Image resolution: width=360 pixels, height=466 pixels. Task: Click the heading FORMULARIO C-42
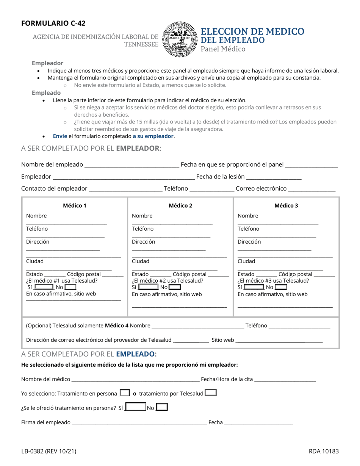[x=53, y=23]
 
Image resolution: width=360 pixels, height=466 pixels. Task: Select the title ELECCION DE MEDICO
[x=252, y=31]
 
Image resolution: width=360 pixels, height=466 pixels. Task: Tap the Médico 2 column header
[x=180, y=205]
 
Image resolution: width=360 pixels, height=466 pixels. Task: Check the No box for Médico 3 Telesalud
[x=281, y=287]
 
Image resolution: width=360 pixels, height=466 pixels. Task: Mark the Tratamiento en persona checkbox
[x=125, y=393]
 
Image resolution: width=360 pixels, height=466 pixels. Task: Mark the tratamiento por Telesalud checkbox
[x=211, y=393]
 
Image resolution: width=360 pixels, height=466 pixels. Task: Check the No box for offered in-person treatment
[x=162, y=408]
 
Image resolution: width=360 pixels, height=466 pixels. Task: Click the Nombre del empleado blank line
[x=132, y=165]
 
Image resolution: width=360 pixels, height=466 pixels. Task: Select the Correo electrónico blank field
[x=312, y=189]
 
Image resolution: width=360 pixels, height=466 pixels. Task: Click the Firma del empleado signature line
[x=139, y=423]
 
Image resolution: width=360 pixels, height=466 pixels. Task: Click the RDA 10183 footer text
[x=323, y=451]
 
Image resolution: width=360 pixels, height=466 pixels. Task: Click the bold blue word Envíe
[x=60, y=136]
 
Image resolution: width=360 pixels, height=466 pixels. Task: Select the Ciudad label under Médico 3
[x=246, y=261]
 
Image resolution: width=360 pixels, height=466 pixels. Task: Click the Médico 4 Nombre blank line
[x=197, y=326]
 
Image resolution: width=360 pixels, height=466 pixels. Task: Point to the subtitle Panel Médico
[x=223, y=49]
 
